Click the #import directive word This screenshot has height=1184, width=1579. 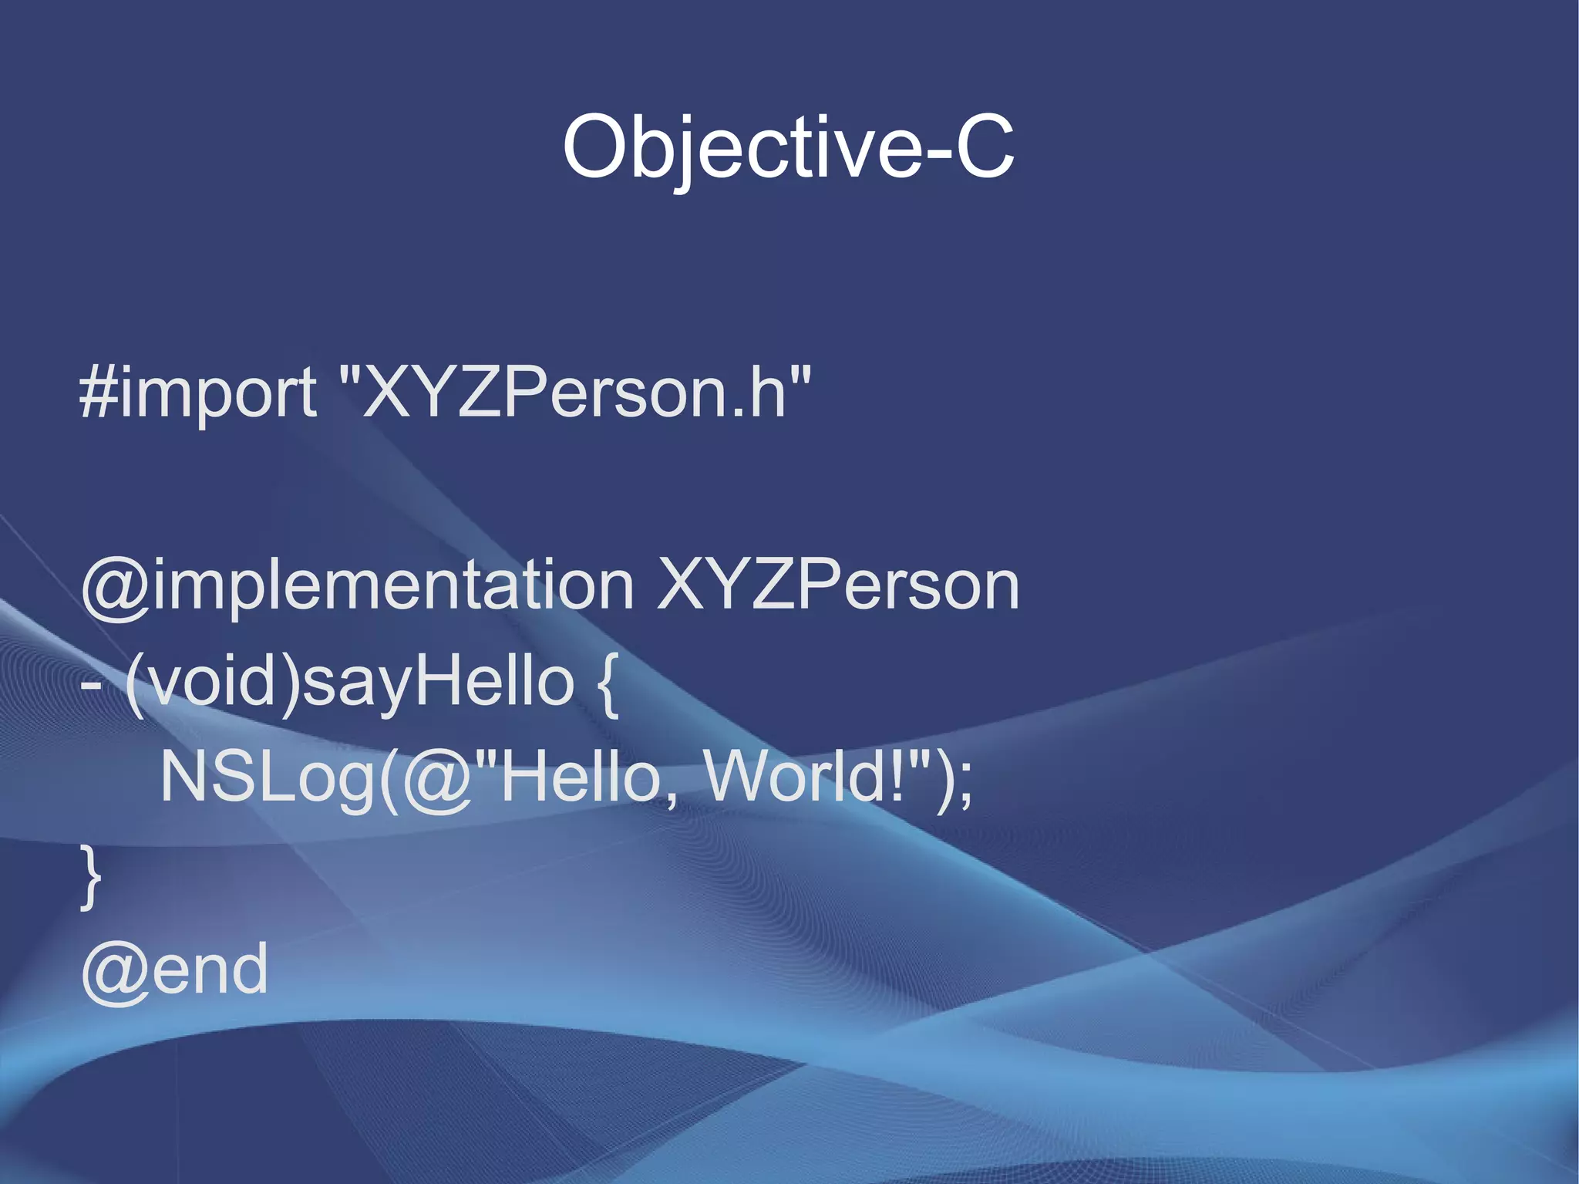pyautogui.click(x=198, y=393)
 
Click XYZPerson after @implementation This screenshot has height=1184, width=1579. pyautogui.click(x=838, y=586)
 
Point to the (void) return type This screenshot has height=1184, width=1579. pyautogui.click(x=212, y=683)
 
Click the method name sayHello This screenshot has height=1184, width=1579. pyautogui.click(x=438, y=683)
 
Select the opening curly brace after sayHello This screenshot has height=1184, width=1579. pyautogui.click(x=608, y=683)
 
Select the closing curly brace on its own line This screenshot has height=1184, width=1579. pyautogui.click(x=91, y=876)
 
